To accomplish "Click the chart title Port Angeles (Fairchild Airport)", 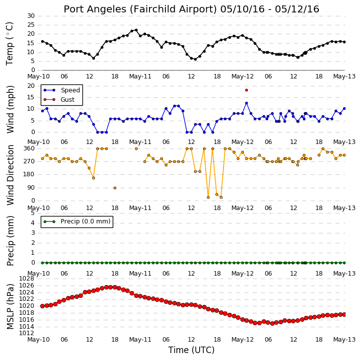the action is pyautogui.click(x=140, y=9).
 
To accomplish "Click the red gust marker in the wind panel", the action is pyautogui.click(x=246, y=90).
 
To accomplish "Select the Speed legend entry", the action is pyautogui.click(x=62, y=90).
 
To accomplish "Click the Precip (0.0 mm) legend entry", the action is pyautogui.click(x=77, y=221).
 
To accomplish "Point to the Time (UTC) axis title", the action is pyautogui.click(x=191, y=350).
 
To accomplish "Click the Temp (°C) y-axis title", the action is pyautogui.click(x=9, y=44).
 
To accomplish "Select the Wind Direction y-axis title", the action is pyautogui.click(x=10, y=175).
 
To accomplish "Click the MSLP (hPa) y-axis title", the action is pyautogui.click(x=10, y=306).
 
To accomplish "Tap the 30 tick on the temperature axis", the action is pyautogui.click(x=31, y=16).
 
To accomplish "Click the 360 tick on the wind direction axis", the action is pyautogui.click(x=29, y=148).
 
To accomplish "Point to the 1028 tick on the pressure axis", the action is pyautogui.click(x=27, y=279).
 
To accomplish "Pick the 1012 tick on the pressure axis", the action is pyautogui.click(x=27, y=333).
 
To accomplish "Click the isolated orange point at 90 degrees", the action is pyautogui.click(x=115, y=188).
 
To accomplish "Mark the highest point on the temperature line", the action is pyautogui.click(x=136, y=30).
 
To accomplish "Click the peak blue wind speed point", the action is pyautogui.click(x=246, y=103).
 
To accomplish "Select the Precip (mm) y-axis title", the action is pyautogui.click(x=10, y=241).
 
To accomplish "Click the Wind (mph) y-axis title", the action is pyautogui.click(x=10, y=109).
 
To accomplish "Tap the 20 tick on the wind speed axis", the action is pyautogui.click(x=31, y=86).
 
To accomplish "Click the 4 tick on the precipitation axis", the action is pyautogui.click(x=33, y=223).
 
